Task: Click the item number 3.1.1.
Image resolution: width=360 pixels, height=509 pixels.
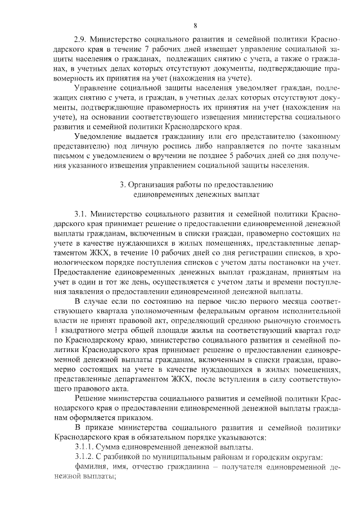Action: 85,447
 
